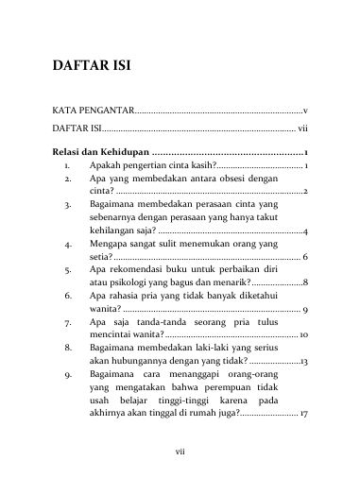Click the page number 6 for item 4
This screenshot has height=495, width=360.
click(304, 257)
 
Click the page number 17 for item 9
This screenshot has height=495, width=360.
click(302, 414)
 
